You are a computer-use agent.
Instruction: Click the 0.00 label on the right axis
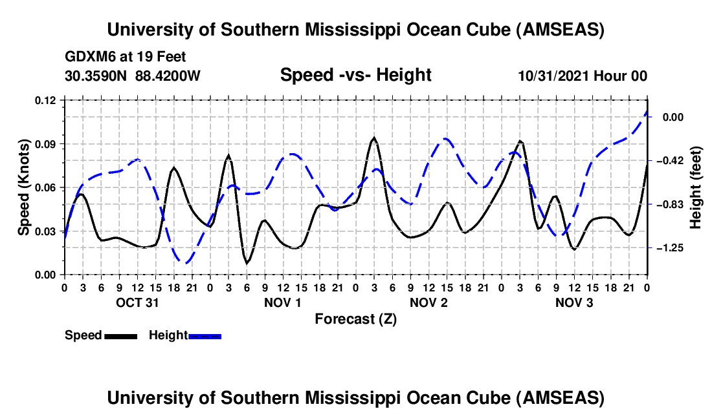point(673,117)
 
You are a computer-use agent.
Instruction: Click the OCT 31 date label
point(137,302)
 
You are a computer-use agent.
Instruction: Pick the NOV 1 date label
point(283,302)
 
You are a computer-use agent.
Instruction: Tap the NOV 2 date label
point(428,302)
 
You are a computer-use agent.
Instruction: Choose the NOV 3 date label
point(574,302)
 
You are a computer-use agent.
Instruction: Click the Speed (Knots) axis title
point(24,187)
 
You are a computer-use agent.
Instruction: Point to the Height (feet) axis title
point(696,187)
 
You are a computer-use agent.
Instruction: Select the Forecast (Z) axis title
point(355,319)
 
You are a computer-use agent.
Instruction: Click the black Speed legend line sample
point(120,336)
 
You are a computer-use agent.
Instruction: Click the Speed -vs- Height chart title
point(355,76)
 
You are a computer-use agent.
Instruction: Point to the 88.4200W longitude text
point(168,76)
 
